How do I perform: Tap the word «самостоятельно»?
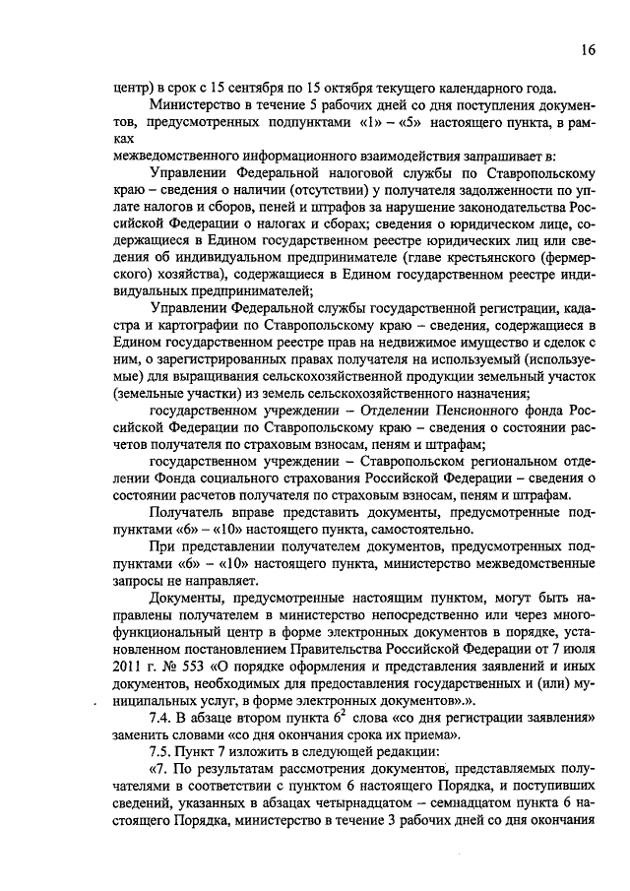394,530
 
